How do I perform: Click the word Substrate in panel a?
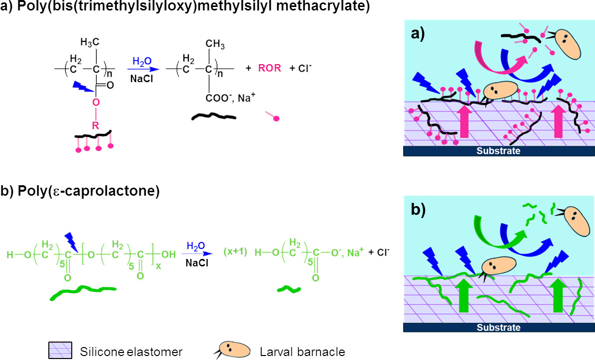pyautogui.click(x=499, y=151)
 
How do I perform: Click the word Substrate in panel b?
pyautogui.click(x=499, y=328)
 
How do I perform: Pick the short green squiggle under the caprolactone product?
pyautogui.click(x=288, y=288)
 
